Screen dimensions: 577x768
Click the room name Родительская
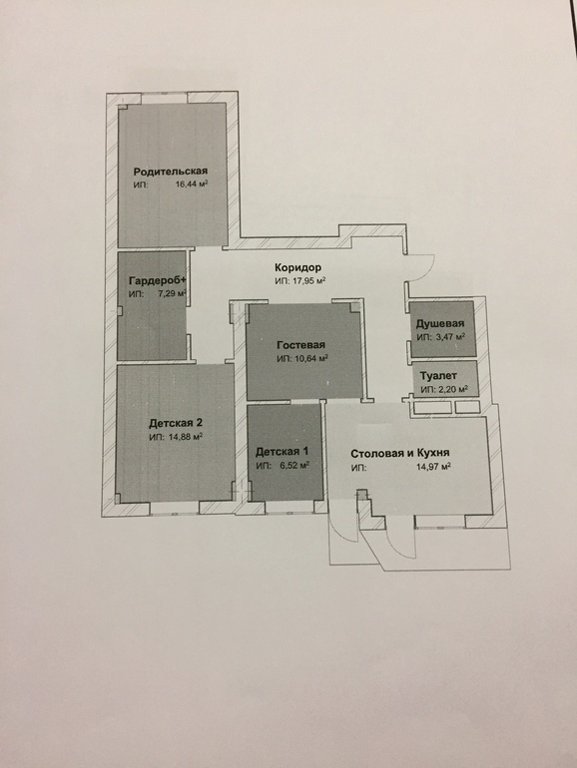pos(171,172)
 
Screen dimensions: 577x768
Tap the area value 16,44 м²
pos(193,185)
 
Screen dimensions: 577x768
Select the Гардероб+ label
pos(159,281)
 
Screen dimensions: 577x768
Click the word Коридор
pos(298,267)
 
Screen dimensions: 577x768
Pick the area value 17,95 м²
pos(308,281)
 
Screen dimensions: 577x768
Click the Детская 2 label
pos(176,423)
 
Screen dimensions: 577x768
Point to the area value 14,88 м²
pos(186,437)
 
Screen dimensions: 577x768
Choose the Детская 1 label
pos(282,452)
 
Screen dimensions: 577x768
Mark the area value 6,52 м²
pos(294,466)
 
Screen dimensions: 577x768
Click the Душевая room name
pos(440,324)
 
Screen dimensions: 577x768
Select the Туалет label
pos(439,376)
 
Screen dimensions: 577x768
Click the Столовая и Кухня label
pos(400,454)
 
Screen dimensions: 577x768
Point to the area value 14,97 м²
pos(434,467)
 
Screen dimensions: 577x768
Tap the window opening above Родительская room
pos(165,98)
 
